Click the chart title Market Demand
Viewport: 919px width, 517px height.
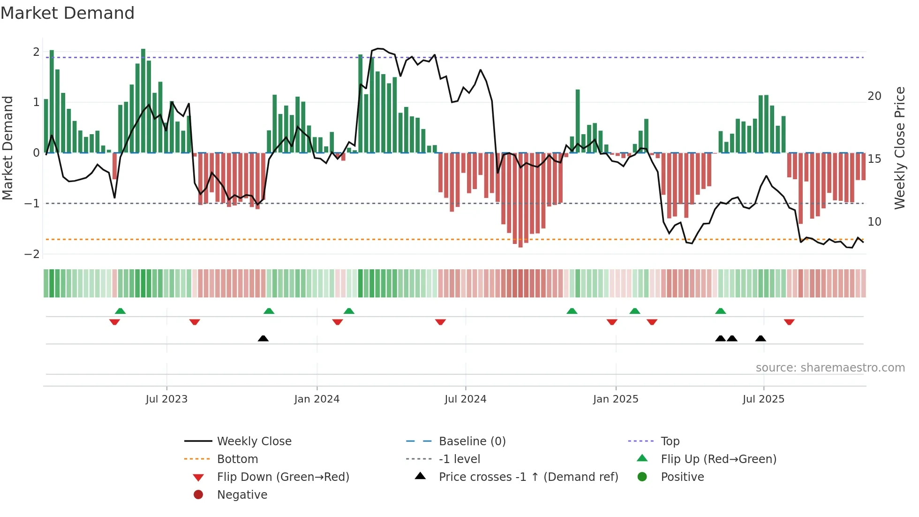coord(68,13)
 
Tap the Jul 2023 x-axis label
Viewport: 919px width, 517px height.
coord(166,399)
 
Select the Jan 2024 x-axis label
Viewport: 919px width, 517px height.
coord(316,399)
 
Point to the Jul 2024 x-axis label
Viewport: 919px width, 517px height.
coord(465,399)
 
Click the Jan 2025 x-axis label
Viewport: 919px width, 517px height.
coord(615,399)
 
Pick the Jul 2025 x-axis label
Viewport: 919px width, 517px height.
coord(763,399)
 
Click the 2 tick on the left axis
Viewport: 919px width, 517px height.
coord(36,52)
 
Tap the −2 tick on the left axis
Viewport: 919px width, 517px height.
coord(32,254)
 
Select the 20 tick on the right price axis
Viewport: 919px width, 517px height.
coord(874,96)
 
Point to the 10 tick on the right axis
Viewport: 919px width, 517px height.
coord(874,222)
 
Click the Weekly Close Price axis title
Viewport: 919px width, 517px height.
coord(900,148)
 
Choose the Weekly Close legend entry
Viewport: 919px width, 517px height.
coord(254,441)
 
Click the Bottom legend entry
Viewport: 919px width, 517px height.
coord(237,459)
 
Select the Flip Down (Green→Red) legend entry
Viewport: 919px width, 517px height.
coord(283,477)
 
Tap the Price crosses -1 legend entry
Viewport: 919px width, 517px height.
coord(528,477)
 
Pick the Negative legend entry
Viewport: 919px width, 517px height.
coord(242,495)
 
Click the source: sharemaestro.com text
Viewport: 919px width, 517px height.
coord(830,368)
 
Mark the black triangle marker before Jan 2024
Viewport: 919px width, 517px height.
coord(263,338)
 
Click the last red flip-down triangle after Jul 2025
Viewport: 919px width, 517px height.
coord(789,322)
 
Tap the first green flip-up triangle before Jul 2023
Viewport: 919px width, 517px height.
coord(120,311)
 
